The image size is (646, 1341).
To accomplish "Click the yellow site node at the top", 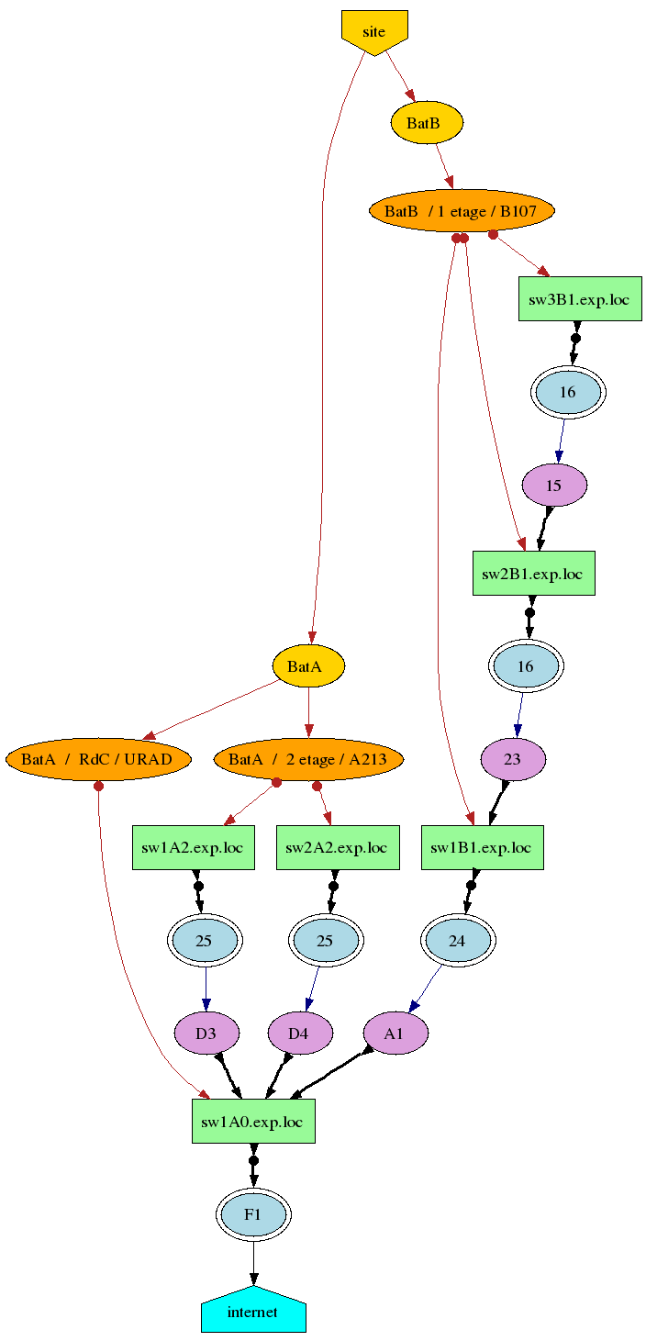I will (x=374, y=31).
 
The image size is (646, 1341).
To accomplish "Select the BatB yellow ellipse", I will (x=427, y=123).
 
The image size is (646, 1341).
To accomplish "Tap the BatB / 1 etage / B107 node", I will (x=462, y=212).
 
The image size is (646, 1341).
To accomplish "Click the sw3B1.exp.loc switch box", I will (x=580, y=299).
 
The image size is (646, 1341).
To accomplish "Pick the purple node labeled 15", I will (x=554, y=485).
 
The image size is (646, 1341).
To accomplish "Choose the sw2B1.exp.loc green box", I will (x=533, y=574).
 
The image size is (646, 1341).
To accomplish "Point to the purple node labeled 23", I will (x=513, y=759).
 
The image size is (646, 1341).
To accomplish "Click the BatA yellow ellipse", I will (x=308, y=666).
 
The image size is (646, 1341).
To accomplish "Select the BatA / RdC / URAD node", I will (x=98, y=759).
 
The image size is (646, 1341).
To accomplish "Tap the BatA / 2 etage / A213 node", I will (x=308, y=759).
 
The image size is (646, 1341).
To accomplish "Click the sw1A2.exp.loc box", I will (x=193, y=847).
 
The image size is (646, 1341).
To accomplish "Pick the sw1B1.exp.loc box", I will (x=482, y=847).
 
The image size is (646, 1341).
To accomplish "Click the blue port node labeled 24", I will (x=457, y=941).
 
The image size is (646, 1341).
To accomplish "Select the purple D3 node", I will (x=206, y=1034).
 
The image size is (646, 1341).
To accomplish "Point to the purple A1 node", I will (x=395, y=1034).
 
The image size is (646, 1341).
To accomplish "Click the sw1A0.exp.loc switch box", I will (x=253, y=1122).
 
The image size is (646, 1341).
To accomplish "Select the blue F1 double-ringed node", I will (x=253, y=1214).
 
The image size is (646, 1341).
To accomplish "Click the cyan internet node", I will (x=253, y=1312).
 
